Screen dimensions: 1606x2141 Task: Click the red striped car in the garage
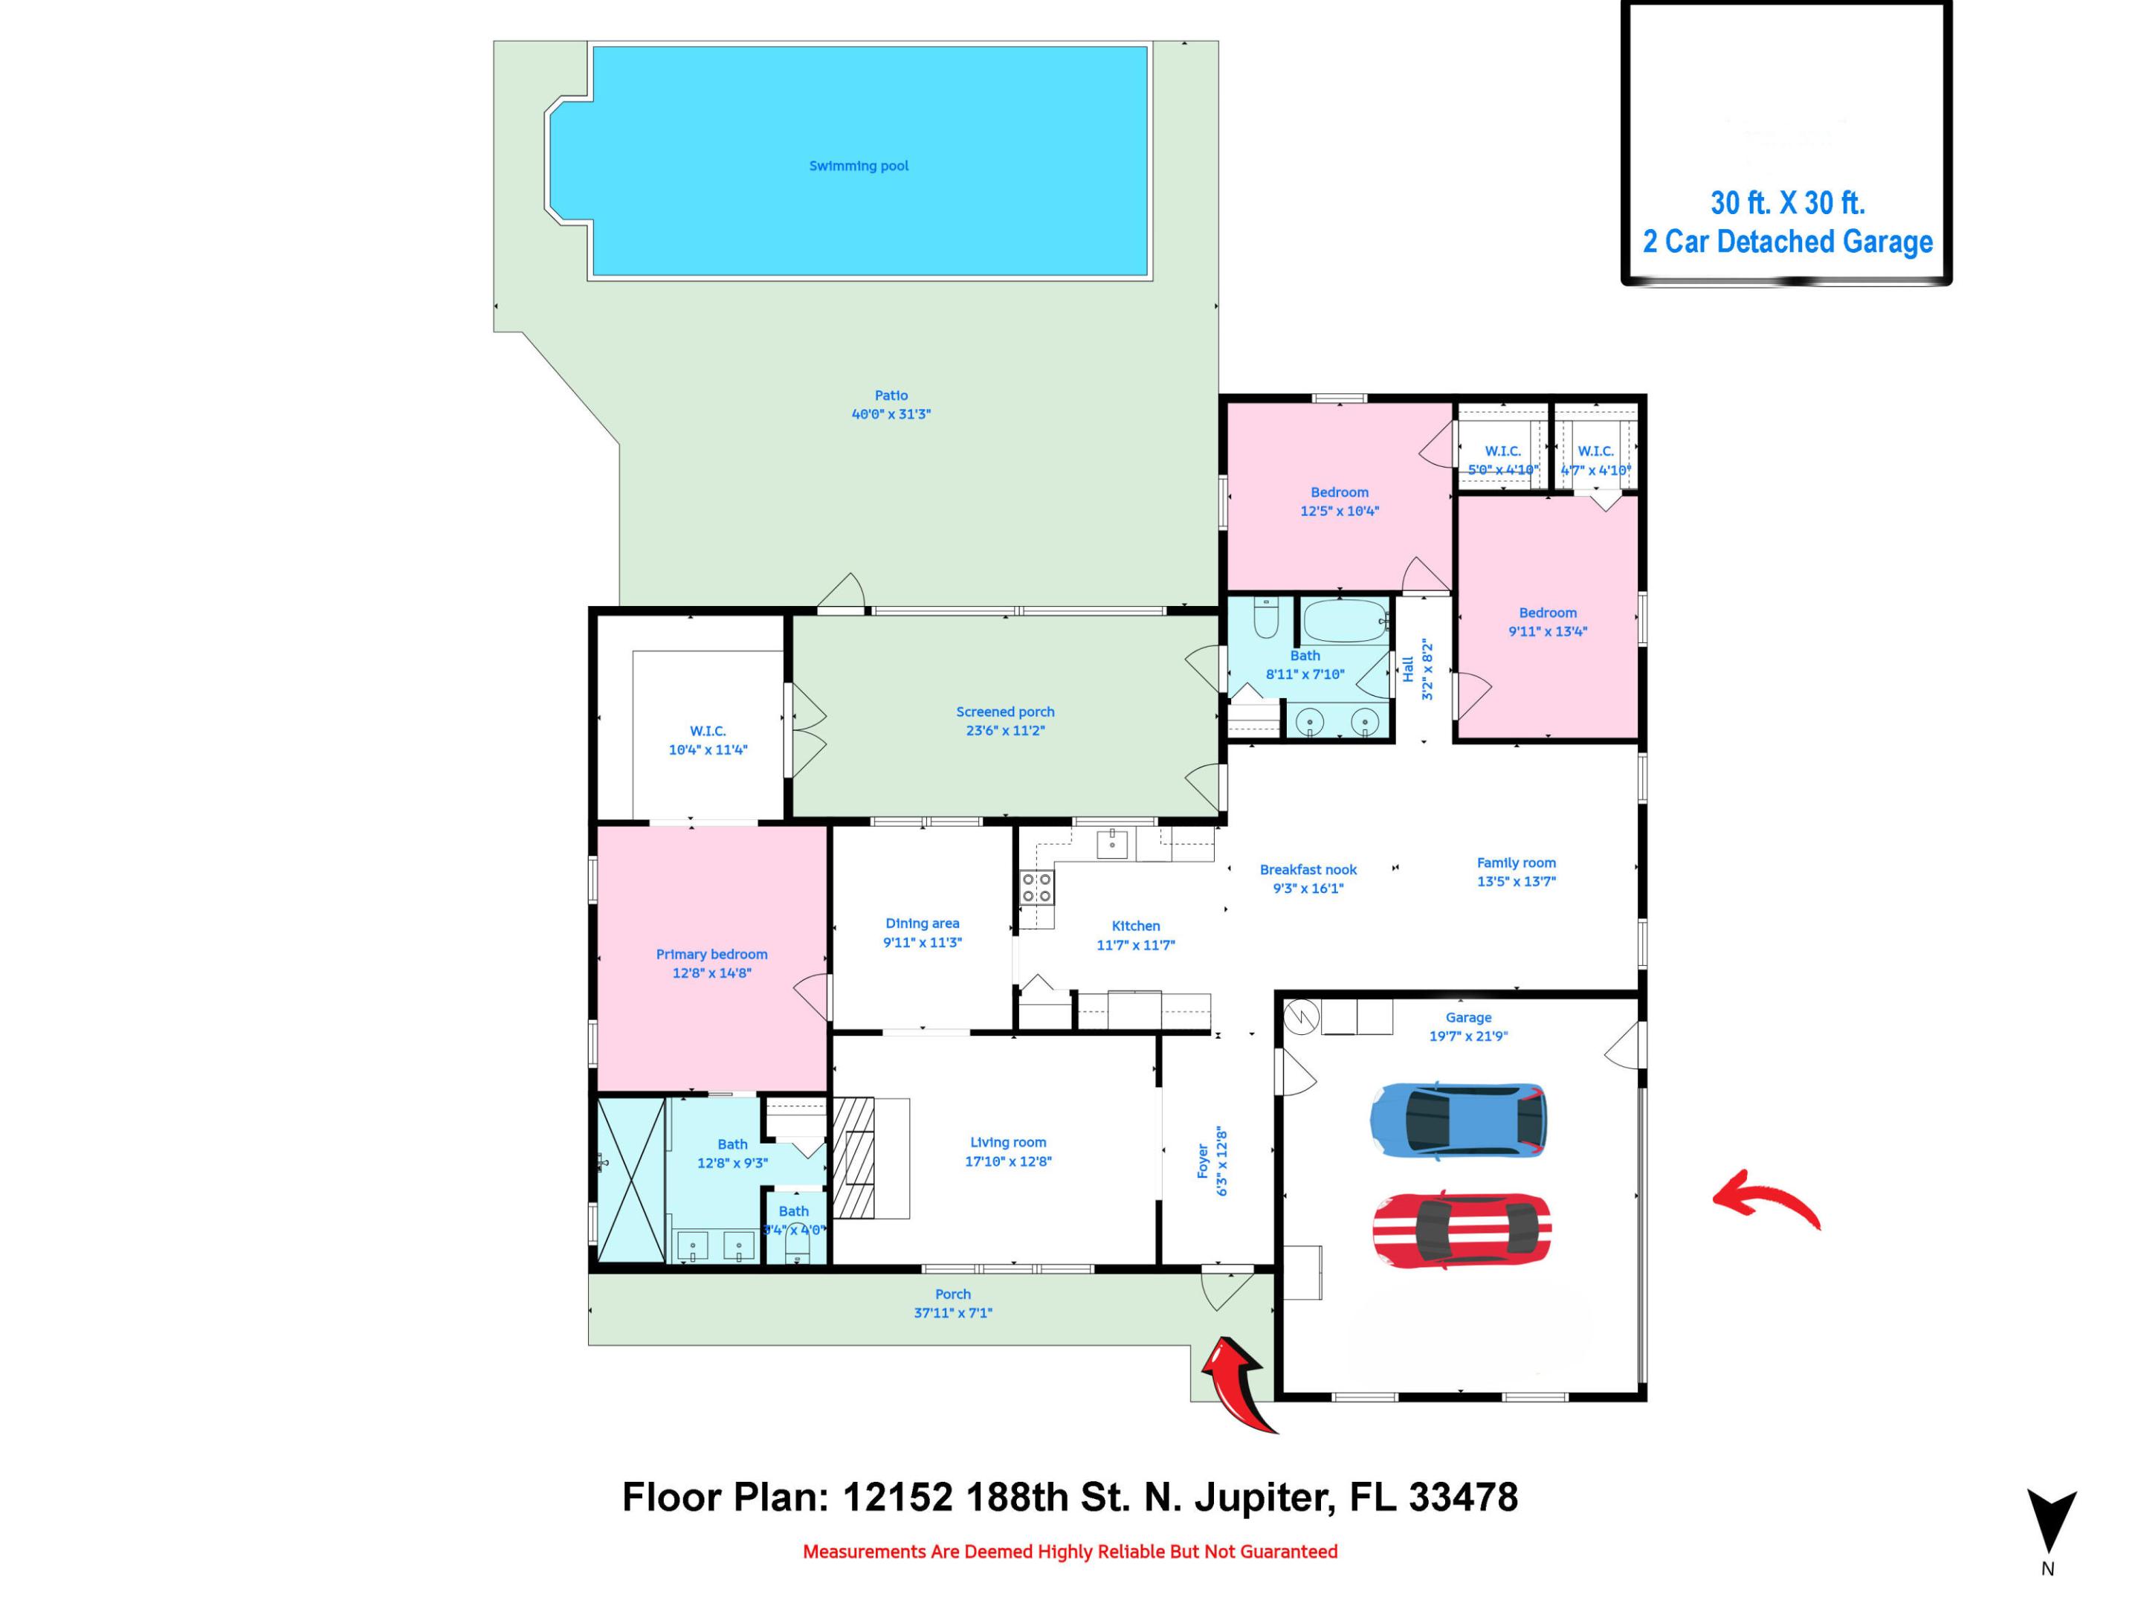[x=1462, y=1230]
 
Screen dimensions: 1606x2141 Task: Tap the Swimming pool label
[x=859, y=166]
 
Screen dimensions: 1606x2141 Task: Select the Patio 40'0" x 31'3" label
[x=891, y=404]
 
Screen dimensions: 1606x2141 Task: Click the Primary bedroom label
[x=711, y=955]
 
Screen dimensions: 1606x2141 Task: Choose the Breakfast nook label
[x=1308, y=869]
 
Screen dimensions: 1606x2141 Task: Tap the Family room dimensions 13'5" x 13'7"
[x=1516, y=882]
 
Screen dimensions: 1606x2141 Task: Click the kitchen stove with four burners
[x=1036, y=888]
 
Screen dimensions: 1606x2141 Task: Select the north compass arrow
[x=2051, y=1520]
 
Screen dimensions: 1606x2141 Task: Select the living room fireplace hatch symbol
[x=853, y=1157]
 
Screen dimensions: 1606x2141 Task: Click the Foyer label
[x=1203, y=1161]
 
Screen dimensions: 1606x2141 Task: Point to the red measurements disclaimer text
[x=1070, y=1552]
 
